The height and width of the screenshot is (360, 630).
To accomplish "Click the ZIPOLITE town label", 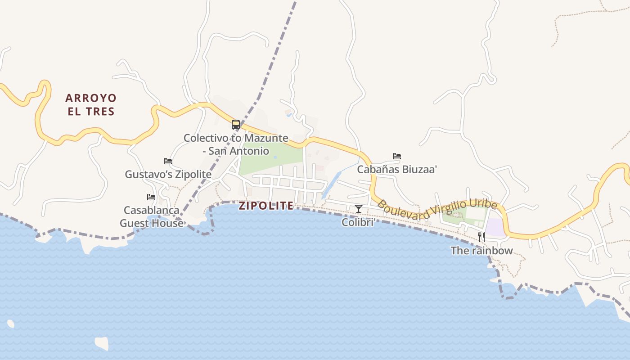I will pyautogui.click(x=266, y=206).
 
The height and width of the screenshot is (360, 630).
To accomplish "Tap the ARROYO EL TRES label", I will pyautogui.click(x=91, y=104).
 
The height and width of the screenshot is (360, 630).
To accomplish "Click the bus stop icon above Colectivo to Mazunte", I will pyautogui.click(x=236, y=125).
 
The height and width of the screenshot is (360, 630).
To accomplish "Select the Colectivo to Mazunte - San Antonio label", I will pyautogui.click(x=236, y=144).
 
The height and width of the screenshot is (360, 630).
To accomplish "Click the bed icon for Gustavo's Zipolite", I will pyautogui.click(x=168, y=161).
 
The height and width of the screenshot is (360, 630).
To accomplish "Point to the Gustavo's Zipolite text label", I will pyautogui.click(x=168, y=174).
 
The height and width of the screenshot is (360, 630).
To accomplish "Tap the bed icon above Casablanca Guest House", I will pyautogui.click(x=151, y=197).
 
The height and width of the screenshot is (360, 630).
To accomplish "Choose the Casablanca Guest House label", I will pyautogui.click(x=152, y=216).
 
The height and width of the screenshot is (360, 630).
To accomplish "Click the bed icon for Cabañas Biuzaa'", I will pyautogui.click(x=397, y=156).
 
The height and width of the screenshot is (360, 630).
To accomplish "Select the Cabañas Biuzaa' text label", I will pyautogui.click(x=397, y=170).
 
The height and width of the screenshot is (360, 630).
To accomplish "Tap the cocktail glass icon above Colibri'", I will pyautogui.click(x=359, y=208).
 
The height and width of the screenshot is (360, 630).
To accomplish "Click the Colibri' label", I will pyautogui.click(x=358, y=222).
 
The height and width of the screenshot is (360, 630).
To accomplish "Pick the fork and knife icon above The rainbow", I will pyautogui.click(x=481, y=237).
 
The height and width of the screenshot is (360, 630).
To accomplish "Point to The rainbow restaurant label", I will pyautogui.click(x=481, y=251).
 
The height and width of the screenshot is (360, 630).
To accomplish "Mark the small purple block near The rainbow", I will pyautogui.click(x=495, y=227).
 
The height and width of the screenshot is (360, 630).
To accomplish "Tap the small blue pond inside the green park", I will pyautogui.click(x=275, y=157).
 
